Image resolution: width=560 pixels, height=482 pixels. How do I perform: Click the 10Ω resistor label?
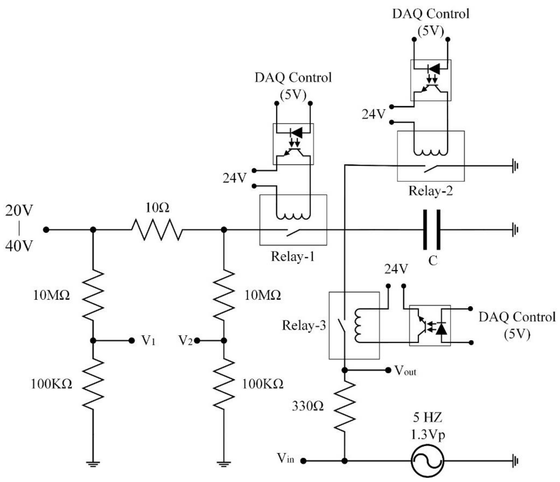(x=157, y=208)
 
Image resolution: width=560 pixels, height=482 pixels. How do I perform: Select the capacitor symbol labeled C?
(x=432, y=230)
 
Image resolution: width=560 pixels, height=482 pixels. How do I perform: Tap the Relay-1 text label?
(x=293, y=256)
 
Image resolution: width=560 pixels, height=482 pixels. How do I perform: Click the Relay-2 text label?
(x=430, y=191)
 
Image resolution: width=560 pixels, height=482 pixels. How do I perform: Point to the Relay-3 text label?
(x=304, y=325)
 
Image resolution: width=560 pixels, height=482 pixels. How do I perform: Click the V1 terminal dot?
(x=132, y=340)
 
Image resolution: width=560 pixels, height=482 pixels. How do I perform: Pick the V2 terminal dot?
(x=197, y=340)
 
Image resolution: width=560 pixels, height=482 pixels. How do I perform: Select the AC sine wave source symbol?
(x=427, y=461)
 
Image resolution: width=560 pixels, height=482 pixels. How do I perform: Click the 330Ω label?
(x=308, y=406)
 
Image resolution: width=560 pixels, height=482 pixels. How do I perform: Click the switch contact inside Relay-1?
(x=293, y=232)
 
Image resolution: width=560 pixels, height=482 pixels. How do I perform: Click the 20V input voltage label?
(x=19, y=210)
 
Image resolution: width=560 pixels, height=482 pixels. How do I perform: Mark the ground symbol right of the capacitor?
(x=515, y=230)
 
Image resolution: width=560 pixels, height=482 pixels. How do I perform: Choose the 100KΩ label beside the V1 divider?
(x=51, y=384)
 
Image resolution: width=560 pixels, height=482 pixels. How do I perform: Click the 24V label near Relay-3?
(x=396, y=269)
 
